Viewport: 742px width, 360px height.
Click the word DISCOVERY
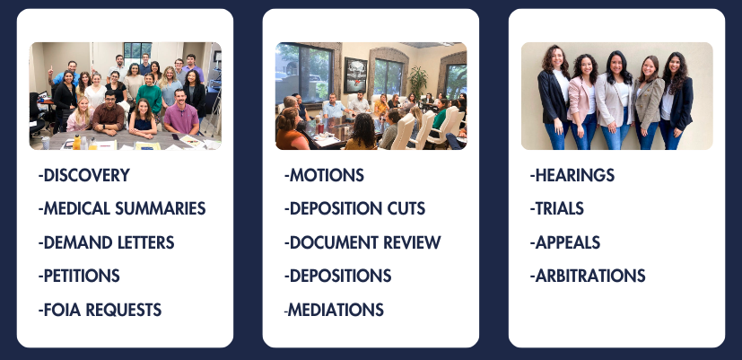(87, 175)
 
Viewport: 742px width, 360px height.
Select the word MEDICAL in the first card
(75, 208)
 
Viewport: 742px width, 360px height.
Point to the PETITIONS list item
(79, 276)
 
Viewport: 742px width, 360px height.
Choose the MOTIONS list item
(324, 175)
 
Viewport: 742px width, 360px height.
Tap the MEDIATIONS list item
(334, 310)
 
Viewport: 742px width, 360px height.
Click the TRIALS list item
(557, 208)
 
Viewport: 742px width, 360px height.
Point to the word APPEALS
(567, 242)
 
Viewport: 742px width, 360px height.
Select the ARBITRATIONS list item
(588, 276)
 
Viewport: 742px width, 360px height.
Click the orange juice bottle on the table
(76, 142)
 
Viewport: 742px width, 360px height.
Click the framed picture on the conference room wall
(355, 75)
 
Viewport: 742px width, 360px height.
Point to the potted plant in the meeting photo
(417, 82)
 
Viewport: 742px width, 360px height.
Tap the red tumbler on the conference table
(321, 127)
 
